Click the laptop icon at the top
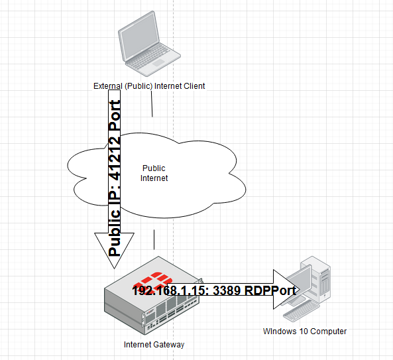click(x=149, y=44)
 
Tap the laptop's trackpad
click(x=158, y=63)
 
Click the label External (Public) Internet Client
click(x=149, y=86)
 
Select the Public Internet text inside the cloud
click(x=154, y=173)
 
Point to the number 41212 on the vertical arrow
click(x=115, y=158)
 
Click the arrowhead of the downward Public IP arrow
click(x=114, y=251)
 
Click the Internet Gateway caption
click(x=154, y=345)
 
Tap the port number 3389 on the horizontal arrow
click(x=227, y=290)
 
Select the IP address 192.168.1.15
click(x=170, y=290)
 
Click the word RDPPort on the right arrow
click(x=270, y=290)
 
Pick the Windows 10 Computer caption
click(x=305, y=331)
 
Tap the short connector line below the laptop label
click(x=152, y=104)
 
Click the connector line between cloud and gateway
click(x=154, y=239)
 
